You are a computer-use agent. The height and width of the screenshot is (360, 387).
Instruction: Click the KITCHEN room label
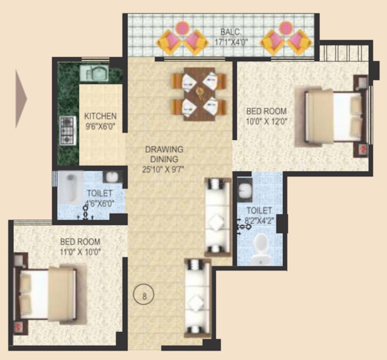(x=100, y=116)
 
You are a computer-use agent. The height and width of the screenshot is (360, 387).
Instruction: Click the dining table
(x=199, y=94)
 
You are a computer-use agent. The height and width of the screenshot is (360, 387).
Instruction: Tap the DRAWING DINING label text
(x=164, y=154)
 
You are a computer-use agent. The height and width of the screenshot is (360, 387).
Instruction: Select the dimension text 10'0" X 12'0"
(x=267, y=121)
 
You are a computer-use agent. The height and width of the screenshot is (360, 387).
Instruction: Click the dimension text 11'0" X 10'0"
(x=80, y=251)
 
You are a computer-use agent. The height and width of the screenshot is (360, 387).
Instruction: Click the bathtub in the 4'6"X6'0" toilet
(x=69, y=187)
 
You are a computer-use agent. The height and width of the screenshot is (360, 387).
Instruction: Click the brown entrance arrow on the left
(x=21, y=98)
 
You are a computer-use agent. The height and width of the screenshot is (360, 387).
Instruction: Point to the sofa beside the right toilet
(x=217, y=217)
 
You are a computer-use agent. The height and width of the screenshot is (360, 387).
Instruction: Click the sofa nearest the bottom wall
(x=198, y=298)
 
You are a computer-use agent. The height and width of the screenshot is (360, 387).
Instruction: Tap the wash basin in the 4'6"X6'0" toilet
(x=112, y=177)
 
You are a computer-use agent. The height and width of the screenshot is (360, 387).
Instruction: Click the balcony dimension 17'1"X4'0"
(x=230, y=42)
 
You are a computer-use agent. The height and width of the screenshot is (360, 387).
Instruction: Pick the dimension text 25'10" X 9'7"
(x=164, y=169)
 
